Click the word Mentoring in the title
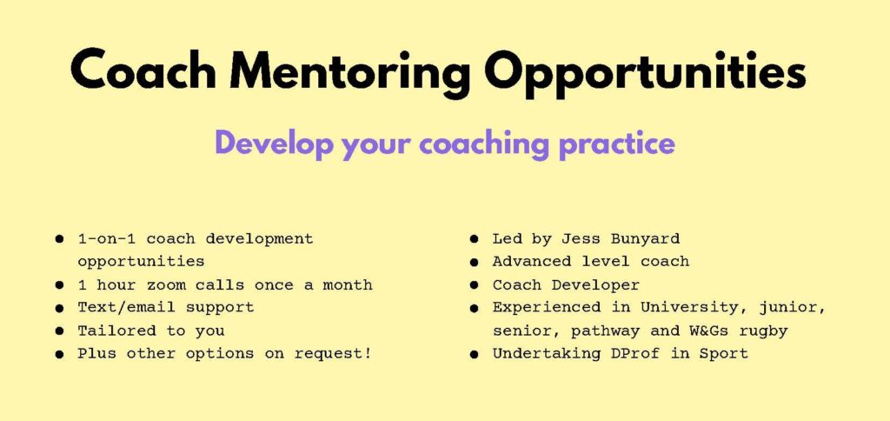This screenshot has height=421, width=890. point(350,73)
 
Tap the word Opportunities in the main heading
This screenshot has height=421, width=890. point(646,73)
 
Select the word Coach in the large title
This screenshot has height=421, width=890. point(143,70)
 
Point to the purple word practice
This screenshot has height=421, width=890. point(617,145)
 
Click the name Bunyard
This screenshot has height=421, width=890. point(645,239)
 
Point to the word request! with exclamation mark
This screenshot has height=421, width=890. point(333,353)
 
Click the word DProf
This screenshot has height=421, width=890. point(626,353)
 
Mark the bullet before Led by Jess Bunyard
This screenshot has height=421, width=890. point(474,239)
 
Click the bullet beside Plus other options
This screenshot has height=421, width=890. point(60,354)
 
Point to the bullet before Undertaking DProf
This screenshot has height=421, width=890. point(474,354)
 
